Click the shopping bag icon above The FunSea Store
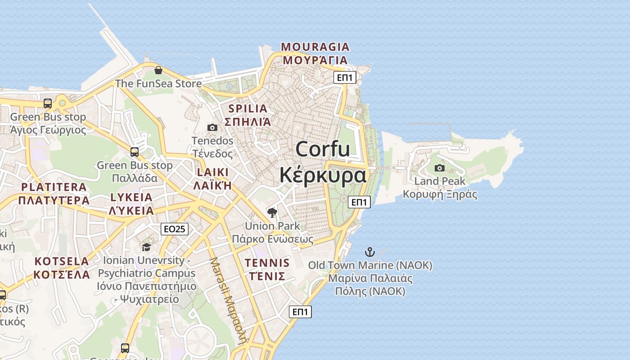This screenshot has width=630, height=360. [158, 70]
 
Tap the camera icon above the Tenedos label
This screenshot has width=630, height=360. [212, 128]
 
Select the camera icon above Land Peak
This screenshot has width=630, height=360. [440, 168]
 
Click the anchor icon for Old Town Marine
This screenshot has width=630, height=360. [370, 252]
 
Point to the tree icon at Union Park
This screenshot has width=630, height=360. [272, 212]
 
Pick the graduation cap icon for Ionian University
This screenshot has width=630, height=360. [146, 247]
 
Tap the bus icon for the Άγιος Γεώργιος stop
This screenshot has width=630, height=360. [48, 103]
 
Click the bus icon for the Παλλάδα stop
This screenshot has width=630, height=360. [135, 152]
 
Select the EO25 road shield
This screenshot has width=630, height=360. [174, 229]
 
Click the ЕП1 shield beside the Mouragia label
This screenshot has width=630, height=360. [345, 77]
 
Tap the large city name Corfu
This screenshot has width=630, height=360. [323, 149]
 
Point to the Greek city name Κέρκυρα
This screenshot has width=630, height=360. [323, 175]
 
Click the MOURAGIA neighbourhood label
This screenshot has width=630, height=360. [315, 47]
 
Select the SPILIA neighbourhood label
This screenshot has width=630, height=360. [247, 108]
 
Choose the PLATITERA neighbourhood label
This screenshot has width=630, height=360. [54, 187]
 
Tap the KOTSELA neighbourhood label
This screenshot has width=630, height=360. [62, 261]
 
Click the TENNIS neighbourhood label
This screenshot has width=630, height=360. [267, 262]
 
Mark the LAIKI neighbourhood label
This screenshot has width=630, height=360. [213, 172]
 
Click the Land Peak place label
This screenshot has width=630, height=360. [440, 181]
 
